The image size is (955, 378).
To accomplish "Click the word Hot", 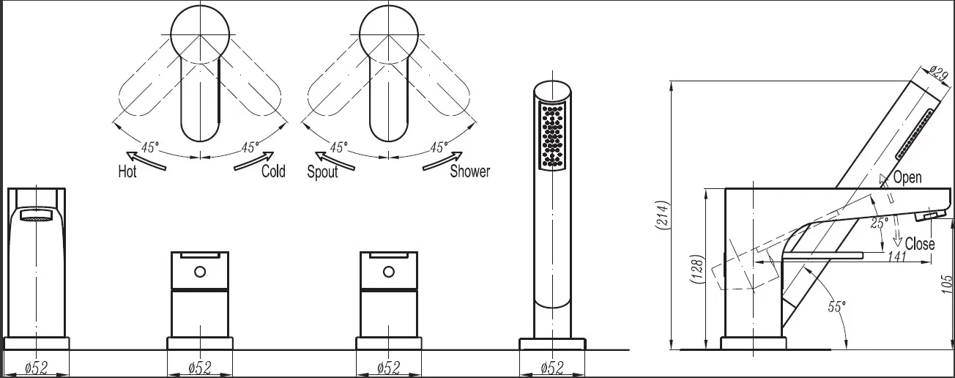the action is click(127, 171).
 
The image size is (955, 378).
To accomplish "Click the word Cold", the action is click(273, 171).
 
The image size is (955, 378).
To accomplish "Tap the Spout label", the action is click(322, 171).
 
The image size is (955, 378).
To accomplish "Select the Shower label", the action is click(470, 171).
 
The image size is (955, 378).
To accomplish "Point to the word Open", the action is click(907, 177).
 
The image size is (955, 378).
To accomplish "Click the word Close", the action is click(920, 244).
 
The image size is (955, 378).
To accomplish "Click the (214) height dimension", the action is click(662, 221).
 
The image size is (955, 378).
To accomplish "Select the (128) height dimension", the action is click(696, 269).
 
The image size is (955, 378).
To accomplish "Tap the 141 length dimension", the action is click(896, 256).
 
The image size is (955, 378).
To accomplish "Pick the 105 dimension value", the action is click(946, 283).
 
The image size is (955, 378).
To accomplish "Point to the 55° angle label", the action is click(836, 306).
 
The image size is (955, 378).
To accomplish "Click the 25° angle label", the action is click(879, 223).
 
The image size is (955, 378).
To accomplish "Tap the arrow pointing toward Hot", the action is click(146, 160).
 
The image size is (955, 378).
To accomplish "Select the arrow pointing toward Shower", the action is click(442, 161).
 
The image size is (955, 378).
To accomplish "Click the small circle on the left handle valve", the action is click(200, 272).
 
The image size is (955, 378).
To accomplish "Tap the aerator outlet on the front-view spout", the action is click(36, 215).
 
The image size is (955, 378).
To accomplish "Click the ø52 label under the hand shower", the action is click(552, 367).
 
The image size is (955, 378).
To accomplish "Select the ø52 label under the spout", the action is click(36, 367).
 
